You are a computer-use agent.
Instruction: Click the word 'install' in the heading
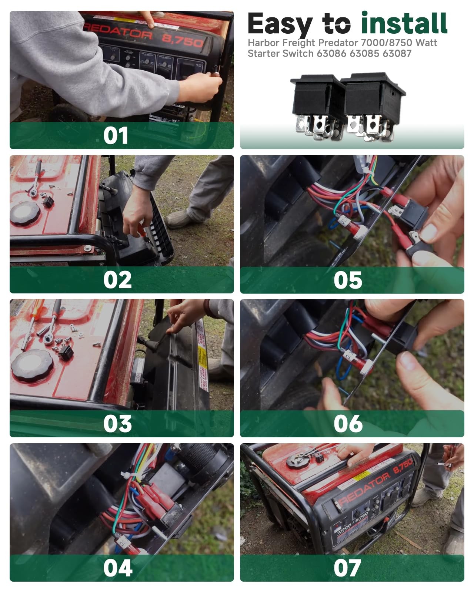point(404,23)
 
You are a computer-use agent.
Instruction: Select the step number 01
point(116,136)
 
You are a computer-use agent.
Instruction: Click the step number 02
point(117,280)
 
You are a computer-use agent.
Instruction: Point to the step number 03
point(117,424)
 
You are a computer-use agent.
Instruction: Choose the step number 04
point(118,568)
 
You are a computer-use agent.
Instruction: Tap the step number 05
point(348,280)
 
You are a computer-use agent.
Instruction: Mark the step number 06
point(348,424)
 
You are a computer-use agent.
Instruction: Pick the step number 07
point(347,568)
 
